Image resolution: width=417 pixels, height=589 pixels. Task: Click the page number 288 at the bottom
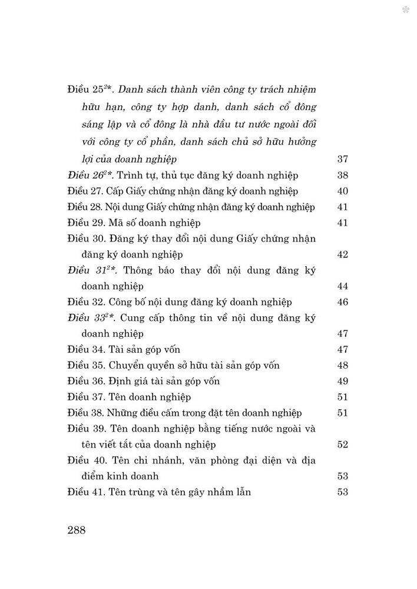pyautogui.click(x=77, y=530)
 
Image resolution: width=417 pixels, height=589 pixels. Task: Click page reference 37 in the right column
pyautogui.click(x=342, y=159)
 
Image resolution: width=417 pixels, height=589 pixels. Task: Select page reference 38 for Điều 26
pyautogui.click(x=342, y=175)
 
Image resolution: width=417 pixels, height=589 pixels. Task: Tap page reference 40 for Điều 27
pyautogui.click(x=342, y=191)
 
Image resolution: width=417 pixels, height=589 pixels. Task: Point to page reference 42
pyautogui.click(x=342, y=254)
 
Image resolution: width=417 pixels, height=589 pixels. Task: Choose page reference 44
pyautogui.click(x=342, y=286)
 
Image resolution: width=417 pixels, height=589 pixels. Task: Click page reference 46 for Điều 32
pyautogui.click(x=342, y=302)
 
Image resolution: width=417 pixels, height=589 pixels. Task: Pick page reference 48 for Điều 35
pyautogui.click(x=342, y=365)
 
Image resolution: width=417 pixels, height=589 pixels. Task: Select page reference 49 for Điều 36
pyautogui.click(x=342, y=381)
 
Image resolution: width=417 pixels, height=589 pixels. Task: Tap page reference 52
pyautogui.click(x=342, y=444)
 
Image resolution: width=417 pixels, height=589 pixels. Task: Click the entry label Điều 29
pyautogui.click(x=86, y=223)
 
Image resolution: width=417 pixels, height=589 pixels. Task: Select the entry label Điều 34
pyautogui.click(x=86, y=350)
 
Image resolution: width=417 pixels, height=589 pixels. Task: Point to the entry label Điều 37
pyautogui.click(x=86, y=397)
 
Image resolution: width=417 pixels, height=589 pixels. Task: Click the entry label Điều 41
pyautogui.click(x=86, y=492)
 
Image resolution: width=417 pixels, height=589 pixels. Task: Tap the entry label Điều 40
pyautogui.click(x=86, y=460)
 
